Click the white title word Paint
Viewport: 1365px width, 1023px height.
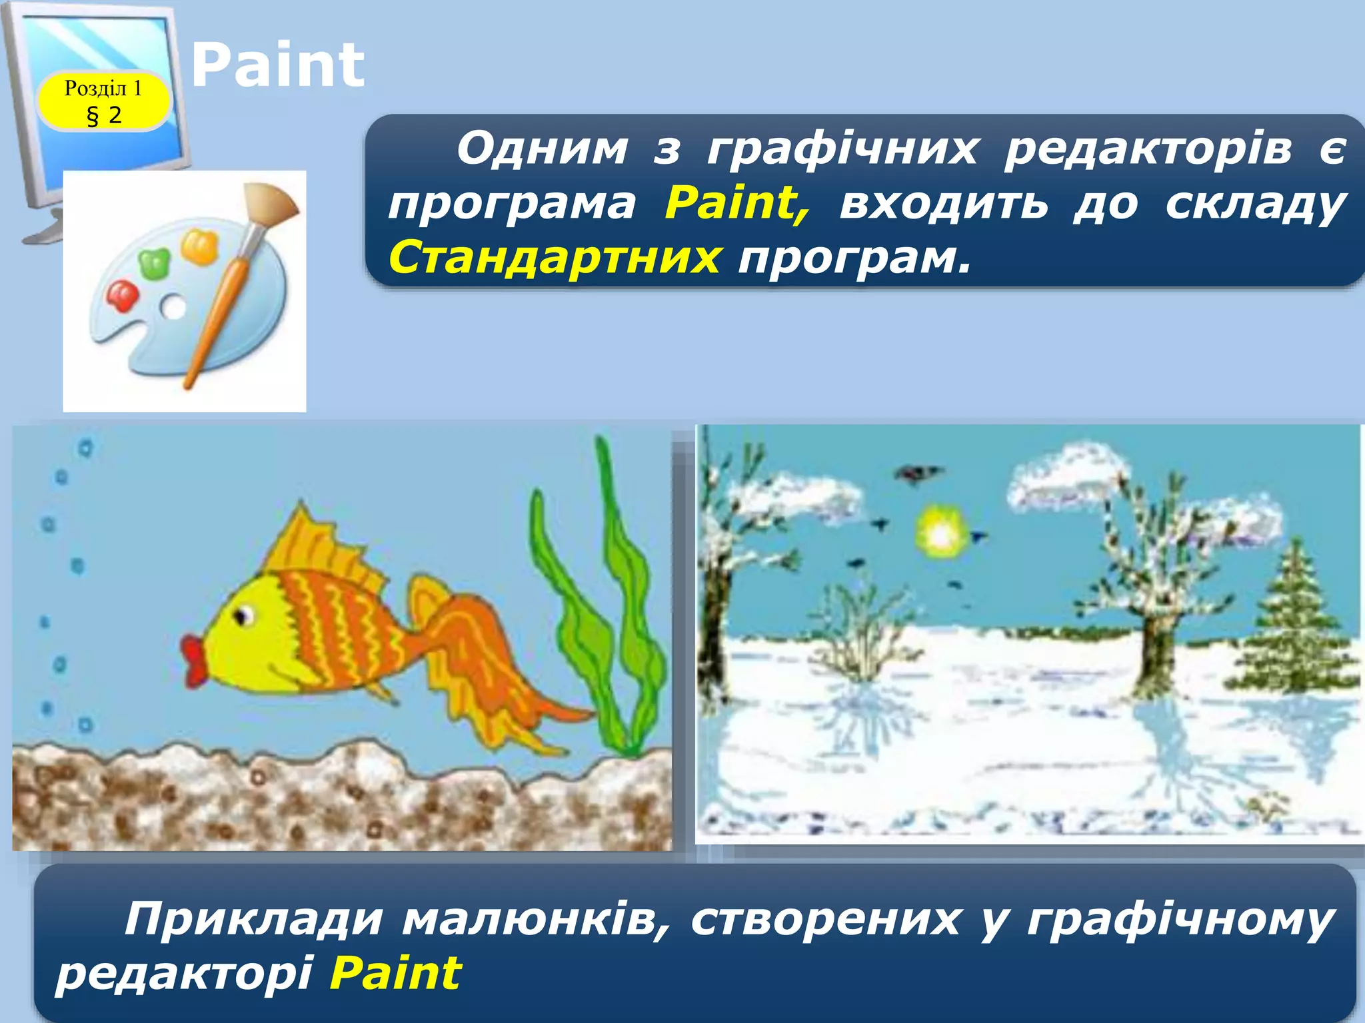coord(277,65)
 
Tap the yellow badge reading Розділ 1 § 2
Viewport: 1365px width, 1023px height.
coord(103,101)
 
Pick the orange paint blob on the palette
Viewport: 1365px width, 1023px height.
coord(199,246)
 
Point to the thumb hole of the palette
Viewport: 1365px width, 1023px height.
coord(174,307)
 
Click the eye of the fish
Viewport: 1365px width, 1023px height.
coord(243,615)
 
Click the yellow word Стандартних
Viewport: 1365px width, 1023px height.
coord(554,257)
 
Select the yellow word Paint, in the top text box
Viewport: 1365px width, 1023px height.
coord(737,202)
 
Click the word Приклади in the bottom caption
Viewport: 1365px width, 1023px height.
coord(253,920)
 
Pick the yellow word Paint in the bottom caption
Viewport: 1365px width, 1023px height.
coord(395,973)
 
